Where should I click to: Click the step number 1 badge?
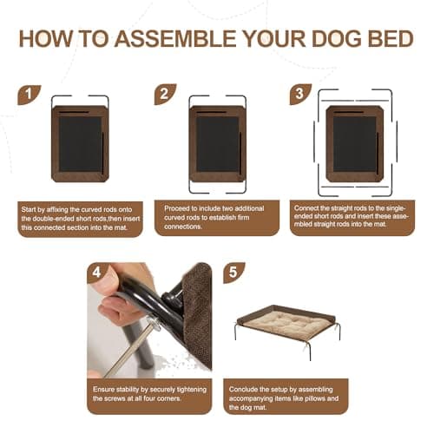[x=30, y=94]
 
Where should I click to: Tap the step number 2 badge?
[x=165, y=94]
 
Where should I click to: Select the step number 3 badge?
[x=301, y=94]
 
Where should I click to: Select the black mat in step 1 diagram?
[x=80, y=145]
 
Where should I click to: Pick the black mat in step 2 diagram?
[x=217, y=144]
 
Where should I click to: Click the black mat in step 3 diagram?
[x=354, y=144]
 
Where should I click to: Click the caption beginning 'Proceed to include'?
[x=217, y=217]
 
